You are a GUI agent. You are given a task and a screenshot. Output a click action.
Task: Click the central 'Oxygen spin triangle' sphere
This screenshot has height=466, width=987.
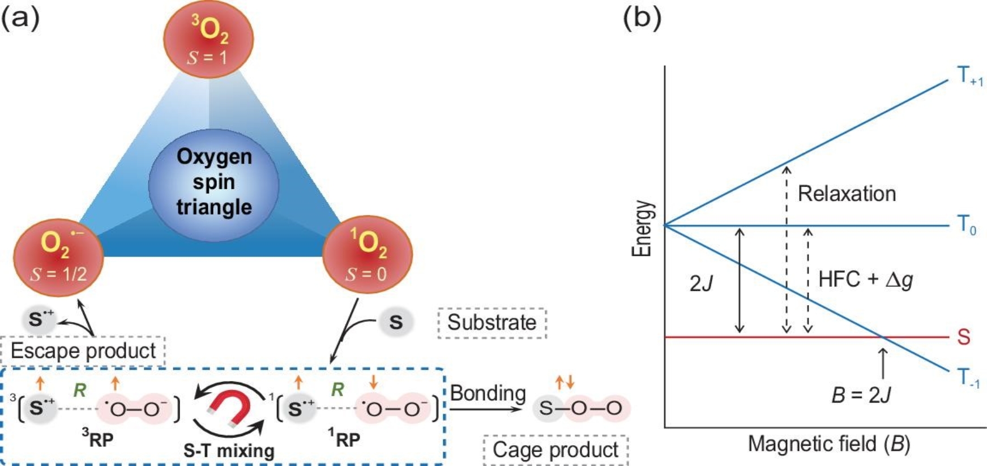[213, 182]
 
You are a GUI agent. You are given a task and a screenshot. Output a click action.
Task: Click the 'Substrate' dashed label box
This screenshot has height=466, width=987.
[492, 323]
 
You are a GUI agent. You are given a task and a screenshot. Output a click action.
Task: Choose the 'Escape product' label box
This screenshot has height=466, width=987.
[83, 351]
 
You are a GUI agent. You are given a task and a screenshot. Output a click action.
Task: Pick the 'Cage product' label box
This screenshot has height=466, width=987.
[555, 450]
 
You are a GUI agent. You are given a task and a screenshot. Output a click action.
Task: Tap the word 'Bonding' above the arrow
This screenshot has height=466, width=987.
[488, 393]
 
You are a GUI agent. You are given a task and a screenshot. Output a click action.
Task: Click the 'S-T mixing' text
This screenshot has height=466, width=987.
[229, 451]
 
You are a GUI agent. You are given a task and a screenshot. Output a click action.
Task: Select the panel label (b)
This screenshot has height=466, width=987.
[642, 18]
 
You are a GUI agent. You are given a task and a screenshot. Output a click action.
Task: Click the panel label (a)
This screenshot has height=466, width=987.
[20, 18]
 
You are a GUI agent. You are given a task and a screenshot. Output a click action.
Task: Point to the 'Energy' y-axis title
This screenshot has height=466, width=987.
[642, 229]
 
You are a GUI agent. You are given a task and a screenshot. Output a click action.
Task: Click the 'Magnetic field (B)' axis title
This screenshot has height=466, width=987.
[828, 444]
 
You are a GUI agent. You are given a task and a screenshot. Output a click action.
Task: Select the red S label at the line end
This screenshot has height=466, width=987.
[964, 337]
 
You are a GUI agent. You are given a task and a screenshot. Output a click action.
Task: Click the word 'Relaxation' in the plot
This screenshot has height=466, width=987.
[847, 194]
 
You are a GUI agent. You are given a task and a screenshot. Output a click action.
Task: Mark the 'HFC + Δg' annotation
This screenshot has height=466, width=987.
[865, 279]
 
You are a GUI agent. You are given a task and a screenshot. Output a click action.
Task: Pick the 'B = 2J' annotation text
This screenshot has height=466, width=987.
[861, 395]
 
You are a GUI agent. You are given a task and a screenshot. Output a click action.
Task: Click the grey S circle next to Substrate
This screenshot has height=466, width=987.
[396, 322]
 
